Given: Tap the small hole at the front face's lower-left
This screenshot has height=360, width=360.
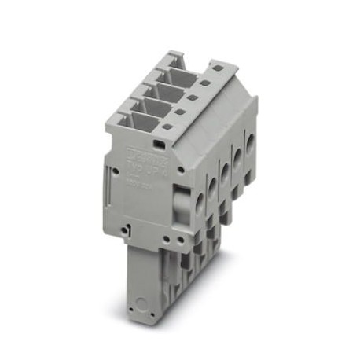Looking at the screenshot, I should point(126,230).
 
